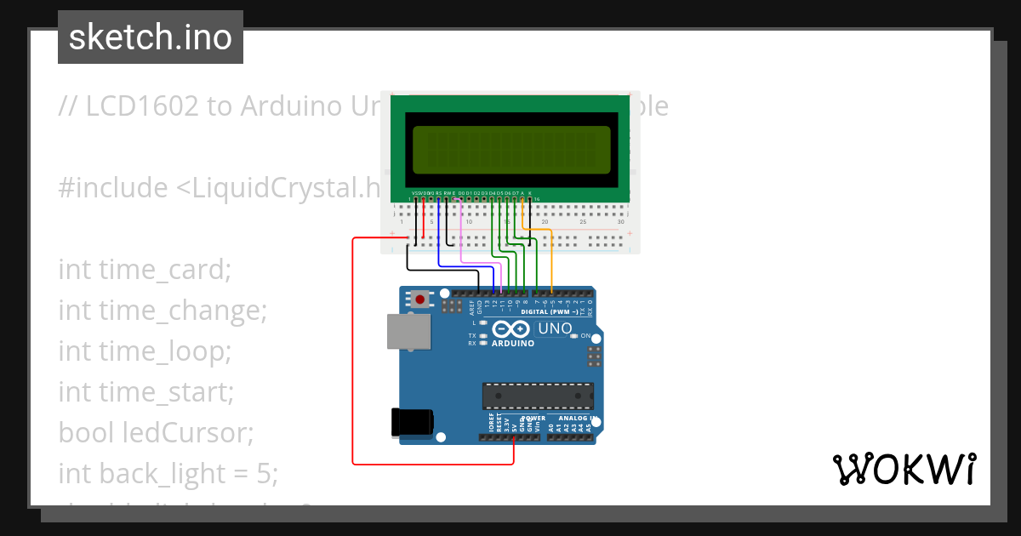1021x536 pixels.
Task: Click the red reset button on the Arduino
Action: coord(419,299)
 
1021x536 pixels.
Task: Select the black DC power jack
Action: coord(412,422)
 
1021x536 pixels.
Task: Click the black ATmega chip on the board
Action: coord(538,396)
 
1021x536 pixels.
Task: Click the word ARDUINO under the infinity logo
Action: coord(513,344)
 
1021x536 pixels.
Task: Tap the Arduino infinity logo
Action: coord(511,329)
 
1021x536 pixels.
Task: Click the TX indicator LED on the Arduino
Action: coord(483,336)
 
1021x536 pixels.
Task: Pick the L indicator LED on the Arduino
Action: coord(483,322)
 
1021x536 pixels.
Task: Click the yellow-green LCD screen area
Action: coord(511,149)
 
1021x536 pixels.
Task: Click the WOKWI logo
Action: coord(904,469)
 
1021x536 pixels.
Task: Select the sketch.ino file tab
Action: coord(151,37)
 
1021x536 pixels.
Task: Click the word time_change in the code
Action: coord(163,311)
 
